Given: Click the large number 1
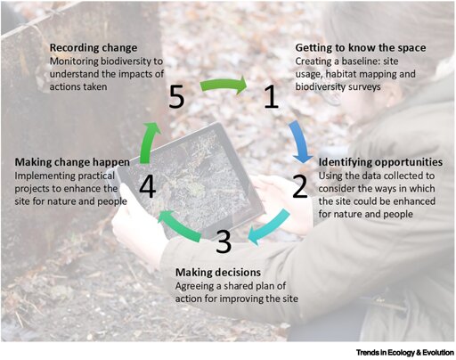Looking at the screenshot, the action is [271, 96].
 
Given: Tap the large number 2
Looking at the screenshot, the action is [299, 186].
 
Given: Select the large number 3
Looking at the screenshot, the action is [224, 241].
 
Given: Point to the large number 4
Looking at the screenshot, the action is [148, 187].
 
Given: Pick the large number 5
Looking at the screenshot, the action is [176, 96].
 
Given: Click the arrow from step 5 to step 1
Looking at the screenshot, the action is [224, 85].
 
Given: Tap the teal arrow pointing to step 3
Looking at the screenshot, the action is [269, 227].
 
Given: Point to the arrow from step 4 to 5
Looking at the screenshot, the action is [148, 143].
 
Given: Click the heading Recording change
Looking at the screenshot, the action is [94, 48].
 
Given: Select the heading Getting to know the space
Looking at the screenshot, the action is [361, 48].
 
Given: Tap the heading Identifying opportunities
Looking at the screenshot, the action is [380, 162].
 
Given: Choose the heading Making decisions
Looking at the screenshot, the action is [218, 273].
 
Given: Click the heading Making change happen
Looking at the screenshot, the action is [72, 162].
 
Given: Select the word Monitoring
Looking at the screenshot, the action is [74, 61].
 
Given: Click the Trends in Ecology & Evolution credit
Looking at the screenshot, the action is [405, 353].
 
